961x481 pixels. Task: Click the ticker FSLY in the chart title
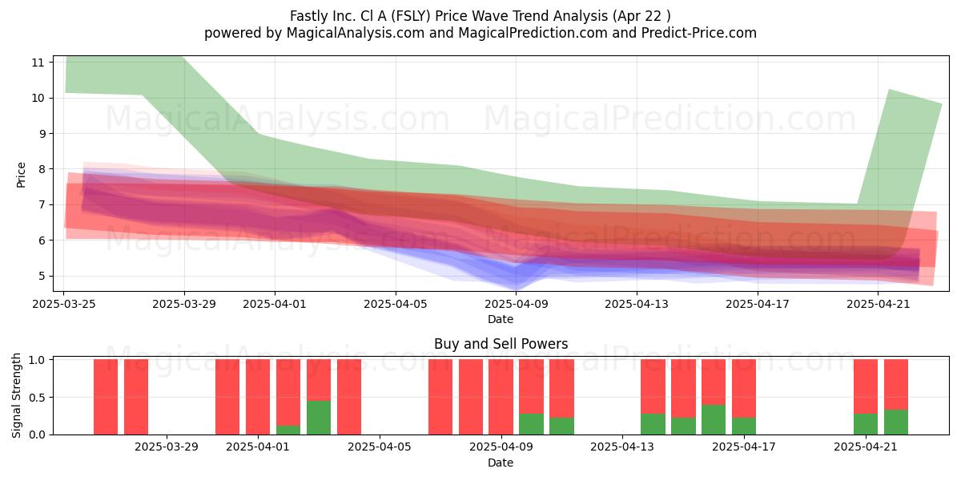(x=411, y=16)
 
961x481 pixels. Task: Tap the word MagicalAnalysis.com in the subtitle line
(x=356, y=33)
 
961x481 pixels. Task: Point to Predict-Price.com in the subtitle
(x=699, y=33)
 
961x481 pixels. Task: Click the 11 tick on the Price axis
(x=38, y=63)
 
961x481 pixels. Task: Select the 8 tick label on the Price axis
(x=41, y=169)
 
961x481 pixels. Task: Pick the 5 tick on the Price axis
(x=41, y=276)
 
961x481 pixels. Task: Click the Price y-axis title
(x=21, y=175)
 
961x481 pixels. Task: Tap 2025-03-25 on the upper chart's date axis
(x=64, y=304)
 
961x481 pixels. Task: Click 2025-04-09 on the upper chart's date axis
(x=516, y=304)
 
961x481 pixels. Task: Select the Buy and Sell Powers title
(x=501, y=344)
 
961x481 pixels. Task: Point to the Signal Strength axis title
(x=16, y=395)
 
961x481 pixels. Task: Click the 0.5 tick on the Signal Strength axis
(x=37, y=398)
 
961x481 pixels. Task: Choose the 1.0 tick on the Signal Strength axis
(x=37, y=360)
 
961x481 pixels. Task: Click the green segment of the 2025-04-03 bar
(x=319, y=418)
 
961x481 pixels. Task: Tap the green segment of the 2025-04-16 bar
(x=714, y=419)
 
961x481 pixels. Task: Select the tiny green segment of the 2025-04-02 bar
(x=288, y=430)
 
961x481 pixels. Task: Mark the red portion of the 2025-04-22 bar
(x=896, y=384)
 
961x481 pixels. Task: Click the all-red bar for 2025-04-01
(x=258, y=397)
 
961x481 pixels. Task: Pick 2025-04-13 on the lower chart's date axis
(x=622, y=447)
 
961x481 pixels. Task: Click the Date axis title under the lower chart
(x=501, y=463)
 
